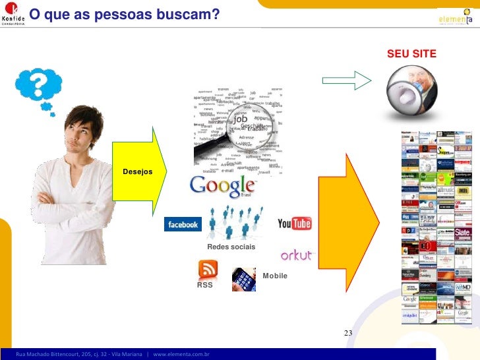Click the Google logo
(x=222, y=187)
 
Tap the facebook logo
(x=183, y=225)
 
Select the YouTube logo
(x=294, y=224)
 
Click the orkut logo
(x=297, y=255)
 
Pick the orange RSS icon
(x=208, y=269)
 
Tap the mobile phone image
(x=244, y=279)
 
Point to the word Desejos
(x=137, y=172)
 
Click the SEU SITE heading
(x=411, y=53)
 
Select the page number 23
(x=349, y=332)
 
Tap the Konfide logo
(x=14, y=15)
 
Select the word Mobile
(x=275, y=276)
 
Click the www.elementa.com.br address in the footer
(x=181, y=355)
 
